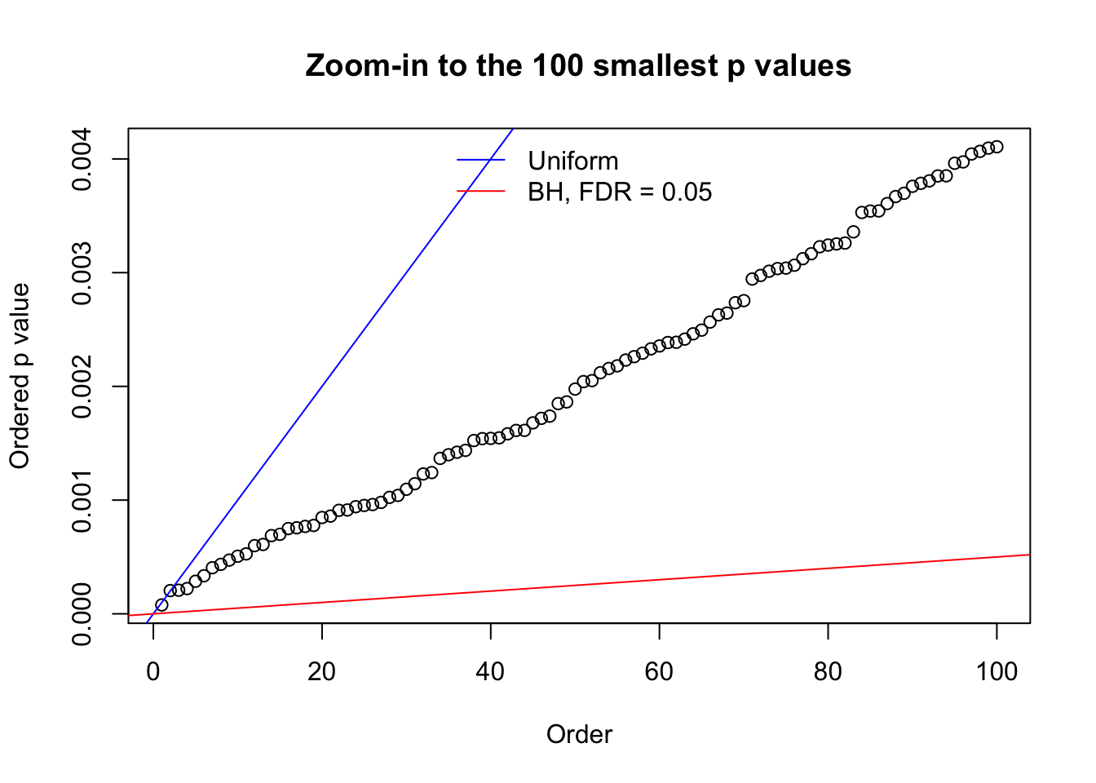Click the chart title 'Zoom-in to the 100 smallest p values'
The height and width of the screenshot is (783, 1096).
point(578,65)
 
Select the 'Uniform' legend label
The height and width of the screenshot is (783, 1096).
point(572,161)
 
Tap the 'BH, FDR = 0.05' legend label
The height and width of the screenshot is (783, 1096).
point(620,192)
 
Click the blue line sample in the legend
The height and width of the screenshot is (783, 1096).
point(481,161)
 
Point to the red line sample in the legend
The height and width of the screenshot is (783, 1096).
point(481,192)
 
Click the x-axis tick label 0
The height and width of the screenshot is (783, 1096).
point(153,671)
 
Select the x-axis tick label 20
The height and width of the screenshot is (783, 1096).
point(322,671)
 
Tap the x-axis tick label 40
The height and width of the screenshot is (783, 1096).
point(491,671)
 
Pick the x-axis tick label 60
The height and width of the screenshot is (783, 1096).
point(659,671)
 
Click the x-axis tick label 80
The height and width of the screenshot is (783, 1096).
point(828,671)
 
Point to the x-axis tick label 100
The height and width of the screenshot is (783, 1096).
point(997,671)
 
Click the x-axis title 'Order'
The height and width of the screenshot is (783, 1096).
point(579,734)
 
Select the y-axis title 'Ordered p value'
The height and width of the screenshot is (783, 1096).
point(20,376)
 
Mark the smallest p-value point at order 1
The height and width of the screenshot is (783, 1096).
point(161,605)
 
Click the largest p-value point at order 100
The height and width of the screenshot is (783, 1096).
point(997,147)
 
